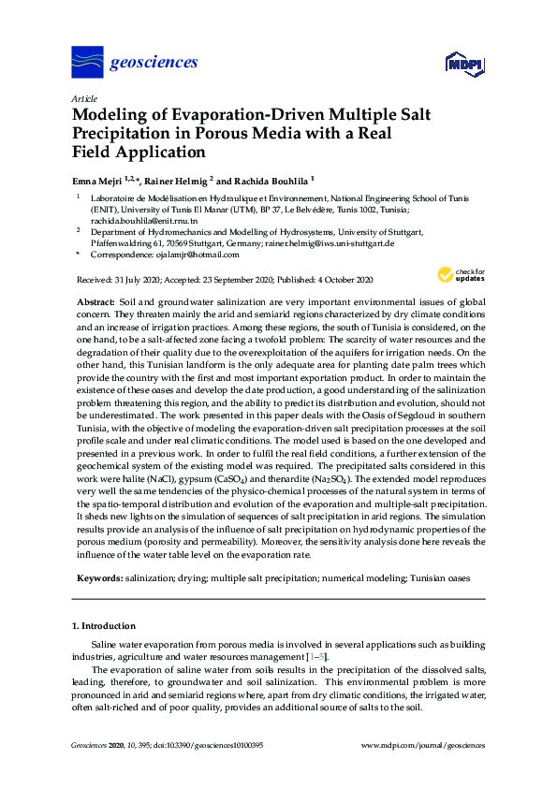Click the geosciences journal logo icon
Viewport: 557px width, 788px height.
pyautogui.click(x=87, y=63)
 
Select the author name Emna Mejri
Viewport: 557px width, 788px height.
pyautogui.click(x=96, y=180)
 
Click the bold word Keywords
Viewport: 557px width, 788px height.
pyautogui.click(x=99, y=579)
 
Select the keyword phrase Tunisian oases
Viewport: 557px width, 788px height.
pyautogui.click(x=438, y=579)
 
